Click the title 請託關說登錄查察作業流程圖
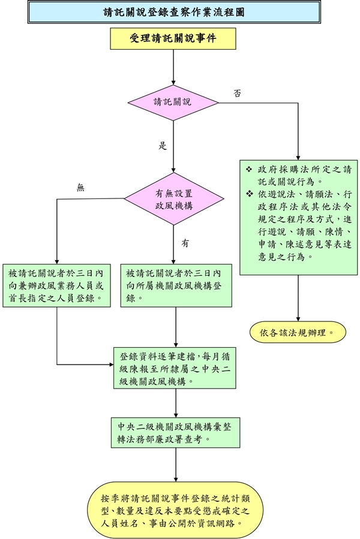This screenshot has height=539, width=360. pos(173,12)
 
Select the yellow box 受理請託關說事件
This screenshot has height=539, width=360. pos(173,39)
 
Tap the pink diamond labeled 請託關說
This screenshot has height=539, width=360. pos(173,102)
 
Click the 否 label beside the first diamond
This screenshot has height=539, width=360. pos(238,93)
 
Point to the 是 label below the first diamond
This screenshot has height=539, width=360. pos(162,145)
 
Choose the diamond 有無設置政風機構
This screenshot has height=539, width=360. pos(173,199)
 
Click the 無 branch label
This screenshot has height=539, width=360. pos(81,188)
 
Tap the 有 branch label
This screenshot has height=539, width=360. pos(185,243)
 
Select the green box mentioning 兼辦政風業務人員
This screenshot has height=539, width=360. pos(56,285)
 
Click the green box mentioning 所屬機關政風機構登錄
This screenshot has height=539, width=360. pos(176,285)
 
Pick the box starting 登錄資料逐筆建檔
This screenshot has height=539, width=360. pos(175,367)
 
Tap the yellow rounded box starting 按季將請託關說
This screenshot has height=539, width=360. pos(175,509)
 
